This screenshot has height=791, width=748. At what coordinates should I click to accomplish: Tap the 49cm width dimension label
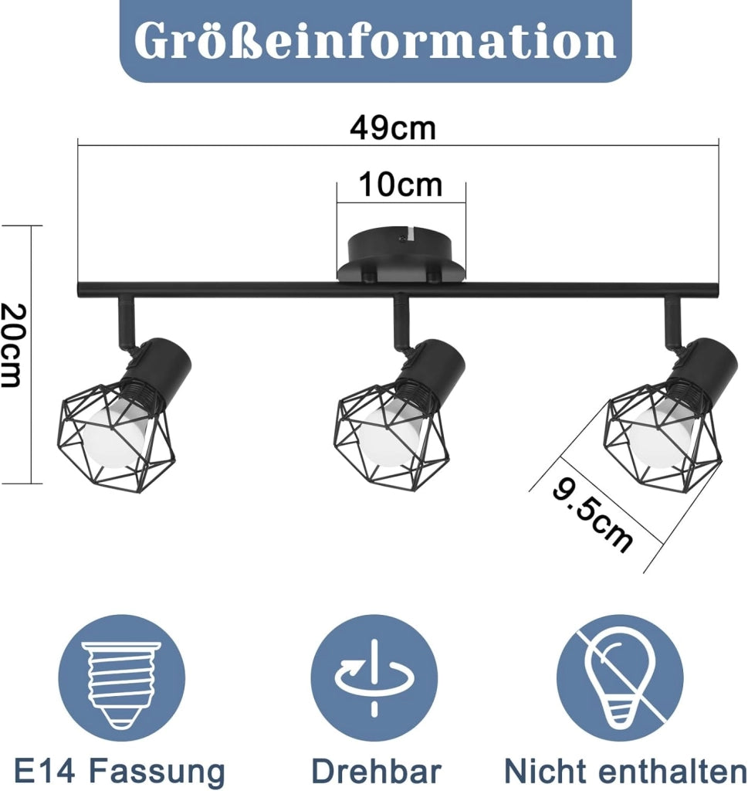point(393,128)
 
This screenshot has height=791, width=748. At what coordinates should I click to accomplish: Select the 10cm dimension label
point(400,185)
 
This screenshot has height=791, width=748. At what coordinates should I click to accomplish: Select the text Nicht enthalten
point(625,772)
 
